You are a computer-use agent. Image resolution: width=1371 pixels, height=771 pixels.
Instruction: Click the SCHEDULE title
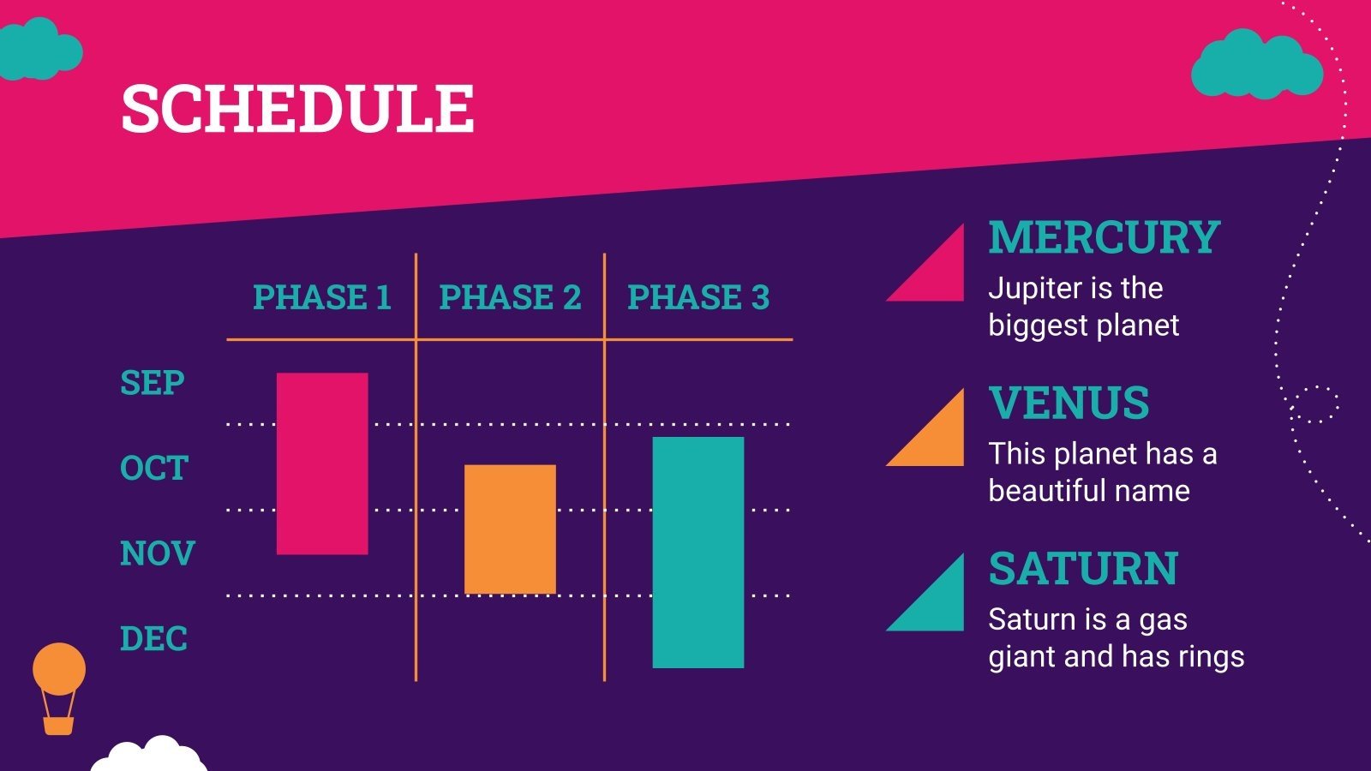pos(298,108)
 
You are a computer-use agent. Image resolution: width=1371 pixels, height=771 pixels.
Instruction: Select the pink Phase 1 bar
pos(322,463)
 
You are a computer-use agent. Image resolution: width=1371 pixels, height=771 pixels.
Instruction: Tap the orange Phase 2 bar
pos(511,529)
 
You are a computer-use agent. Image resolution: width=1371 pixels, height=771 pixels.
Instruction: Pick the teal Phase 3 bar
pos(698,553)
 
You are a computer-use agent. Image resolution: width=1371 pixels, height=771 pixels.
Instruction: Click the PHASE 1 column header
pos(322,297)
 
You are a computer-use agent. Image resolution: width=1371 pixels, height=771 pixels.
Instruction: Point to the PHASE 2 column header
pos(511,297)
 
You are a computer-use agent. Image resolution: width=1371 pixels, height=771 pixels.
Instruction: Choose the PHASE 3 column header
pos(698,297)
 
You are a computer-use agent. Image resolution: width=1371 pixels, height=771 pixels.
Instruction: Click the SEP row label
pos(153,383)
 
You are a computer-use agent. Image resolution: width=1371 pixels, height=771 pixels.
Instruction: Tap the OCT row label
pos(154,468)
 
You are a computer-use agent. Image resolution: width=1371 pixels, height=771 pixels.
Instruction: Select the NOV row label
pos(158,553)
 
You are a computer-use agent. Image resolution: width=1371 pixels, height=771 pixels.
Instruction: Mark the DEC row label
pos(153,639)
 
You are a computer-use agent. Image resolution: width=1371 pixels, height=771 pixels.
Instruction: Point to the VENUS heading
pos(1069,403)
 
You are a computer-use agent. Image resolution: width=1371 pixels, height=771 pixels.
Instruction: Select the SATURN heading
pos(1083,569)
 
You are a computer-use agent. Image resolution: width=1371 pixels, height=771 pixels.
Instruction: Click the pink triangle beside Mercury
pos(938,275)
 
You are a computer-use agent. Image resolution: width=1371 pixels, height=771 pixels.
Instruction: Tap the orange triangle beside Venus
pos(938,440)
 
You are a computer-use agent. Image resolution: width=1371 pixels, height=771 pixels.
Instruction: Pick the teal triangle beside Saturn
pos(938,606)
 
